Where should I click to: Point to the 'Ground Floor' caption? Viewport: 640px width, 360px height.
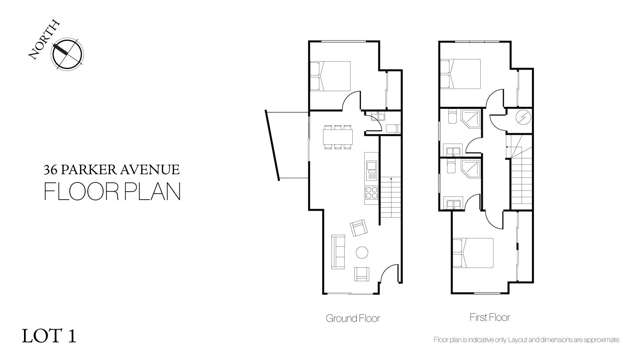pyautogui.click(x=351, y=317)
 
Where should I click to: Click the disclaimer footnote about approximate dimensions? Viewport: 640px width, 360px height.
pyautogui.click(x=532, y=342)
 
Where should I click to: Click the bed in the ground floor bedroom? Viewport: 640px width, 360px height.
pyautogui.click(x=332, y=78)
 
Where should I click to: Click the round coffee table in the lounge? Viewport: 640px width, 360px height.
pyautogui.click(x=362, y=252)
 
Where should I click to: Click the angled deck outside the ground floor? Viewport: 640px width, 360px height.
pyautogui.click(x=285, y=150)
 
